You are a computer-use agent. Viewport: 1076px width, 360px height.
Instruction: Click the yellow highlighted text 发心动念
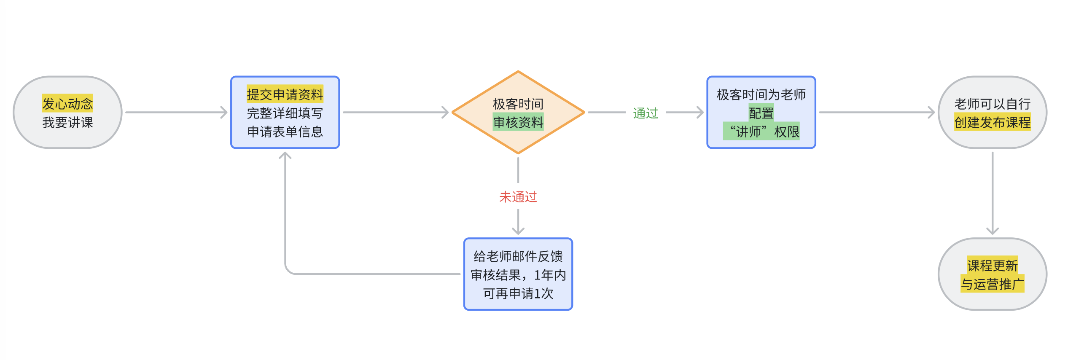(67, 103)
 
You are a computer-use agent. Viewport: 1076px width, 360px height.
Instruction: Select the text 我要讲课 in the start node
(67, 123)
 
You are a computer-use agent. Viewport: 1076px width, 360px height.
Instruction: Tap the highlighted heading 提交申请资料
(285, 94)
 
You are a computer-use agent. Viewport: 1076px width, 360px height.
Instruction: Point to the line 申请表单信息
(285, 132)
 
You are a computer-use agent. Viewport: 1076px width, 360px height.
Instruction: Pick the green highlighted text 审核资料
(518, 123)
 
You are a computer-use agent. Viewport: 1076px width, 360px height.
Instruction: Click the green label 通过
(645, 113)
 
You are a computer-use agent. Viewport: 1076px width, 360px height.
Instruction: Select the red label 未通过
(518, 197)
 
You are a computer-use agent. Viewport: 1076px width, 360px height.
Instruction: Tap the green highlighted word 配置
(761, 113)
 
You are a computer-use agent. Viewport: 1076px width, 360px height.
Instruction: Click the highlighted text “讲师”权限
(761, 132)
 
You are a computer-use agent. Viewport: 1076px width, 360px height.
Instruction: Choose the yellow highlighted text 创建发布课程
(992, 123)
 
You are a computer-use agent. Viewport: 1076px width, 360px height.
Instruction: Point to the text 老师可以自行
(992, 104)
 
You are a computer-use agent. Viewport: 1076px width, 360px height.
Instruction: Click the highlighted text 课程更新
(992, 266)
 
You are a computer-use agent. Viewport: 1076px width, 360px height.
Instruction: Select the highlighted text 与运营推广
(992, 284)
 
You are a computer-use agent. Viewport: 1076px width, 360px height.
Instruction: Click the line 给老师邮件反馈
(518, 256)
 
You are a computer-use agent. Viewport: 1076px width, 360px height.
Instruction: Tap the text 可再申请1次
(518, 293)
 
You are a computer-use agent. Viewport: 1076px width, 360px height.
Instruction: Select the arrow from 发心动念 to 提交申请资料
(176, 113)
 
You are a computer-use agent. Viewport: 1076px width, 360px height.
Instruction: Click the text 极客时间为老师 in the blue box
(761, 94)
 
